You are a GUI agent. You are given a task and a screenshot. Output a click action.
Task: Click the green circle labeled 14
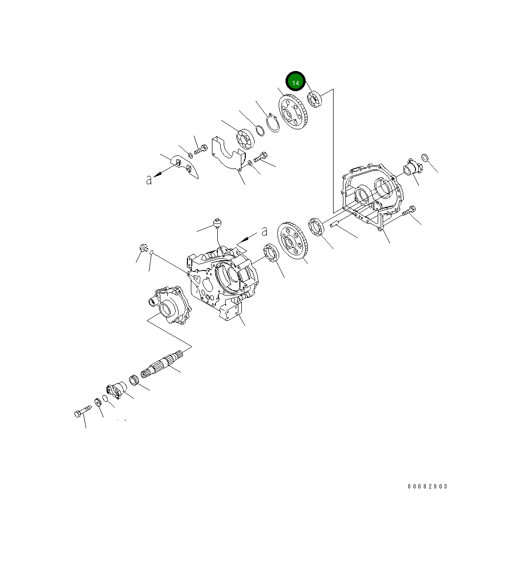pyautogui.click(x=296, y=82)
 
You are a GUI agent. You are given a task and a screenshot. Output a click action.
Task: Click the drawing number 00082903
pyautogui.click(x=427, y=487)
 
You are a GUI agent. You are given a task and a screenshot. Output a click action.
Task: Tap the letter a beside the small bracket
pyautogui.click(x=149, y=180)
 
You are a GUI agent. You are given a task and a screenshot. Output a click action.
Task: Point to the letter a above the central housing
pyautogui.click(x=264, y=231)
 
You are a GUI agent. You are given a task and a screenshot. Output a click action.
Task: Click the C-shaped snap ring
pyautogui.click(x=272, y=122)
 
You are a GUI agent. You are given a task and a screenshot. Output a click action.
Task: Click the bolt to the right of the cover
pyautogui.click(x=410, y=211)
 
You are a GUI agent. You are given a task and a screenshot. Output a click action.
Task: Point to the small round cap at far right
pyautogui.click(x=425, y=158)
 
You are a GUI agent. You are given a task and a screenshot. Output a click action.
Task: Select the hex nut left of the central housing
pyautogui.click(x=142, y=248)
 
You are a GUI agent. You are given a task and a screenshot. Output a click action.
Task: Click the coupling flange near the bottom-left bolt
pyautogui.click(x=116, y=390)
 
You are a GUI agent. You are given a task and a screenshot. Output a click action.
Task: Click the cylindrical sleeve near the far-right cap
pyautogui.click(x=411, y=169)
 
